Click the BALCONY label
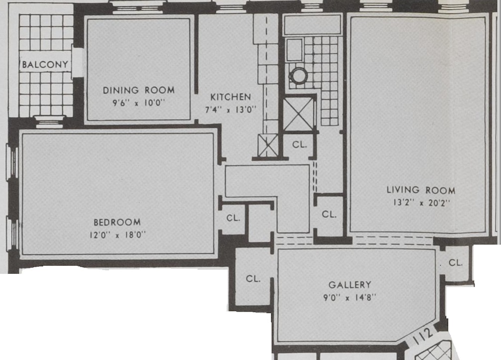pos(45,65)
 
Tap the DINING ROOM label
pos(139,90)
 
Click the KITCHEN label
pos(230,97)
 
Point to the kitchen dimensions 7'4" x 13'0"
pos(231,110)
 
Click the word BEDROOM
pos(117,222)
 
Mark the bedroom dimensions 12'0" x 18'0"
pos(117,235)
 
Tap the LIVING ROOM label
pos(421,190)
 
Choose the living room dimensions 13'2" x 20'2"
pos(421,203)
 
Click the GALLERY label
pos(349,285)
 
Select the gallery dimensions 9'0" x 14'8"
pos(349,298)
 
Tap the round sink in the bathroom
pos(299,76)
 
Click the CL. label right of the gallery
pos(456,263)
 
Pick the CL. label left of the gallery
pos(253,279)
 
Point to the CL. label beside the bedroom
pos(233,218)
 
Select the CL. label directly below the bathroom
pos(299,144)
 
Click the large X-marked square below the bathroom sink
pos(299,114)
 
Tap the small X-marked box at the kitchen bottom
pos(268,145)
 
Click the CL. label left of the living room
pos(329,214)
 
